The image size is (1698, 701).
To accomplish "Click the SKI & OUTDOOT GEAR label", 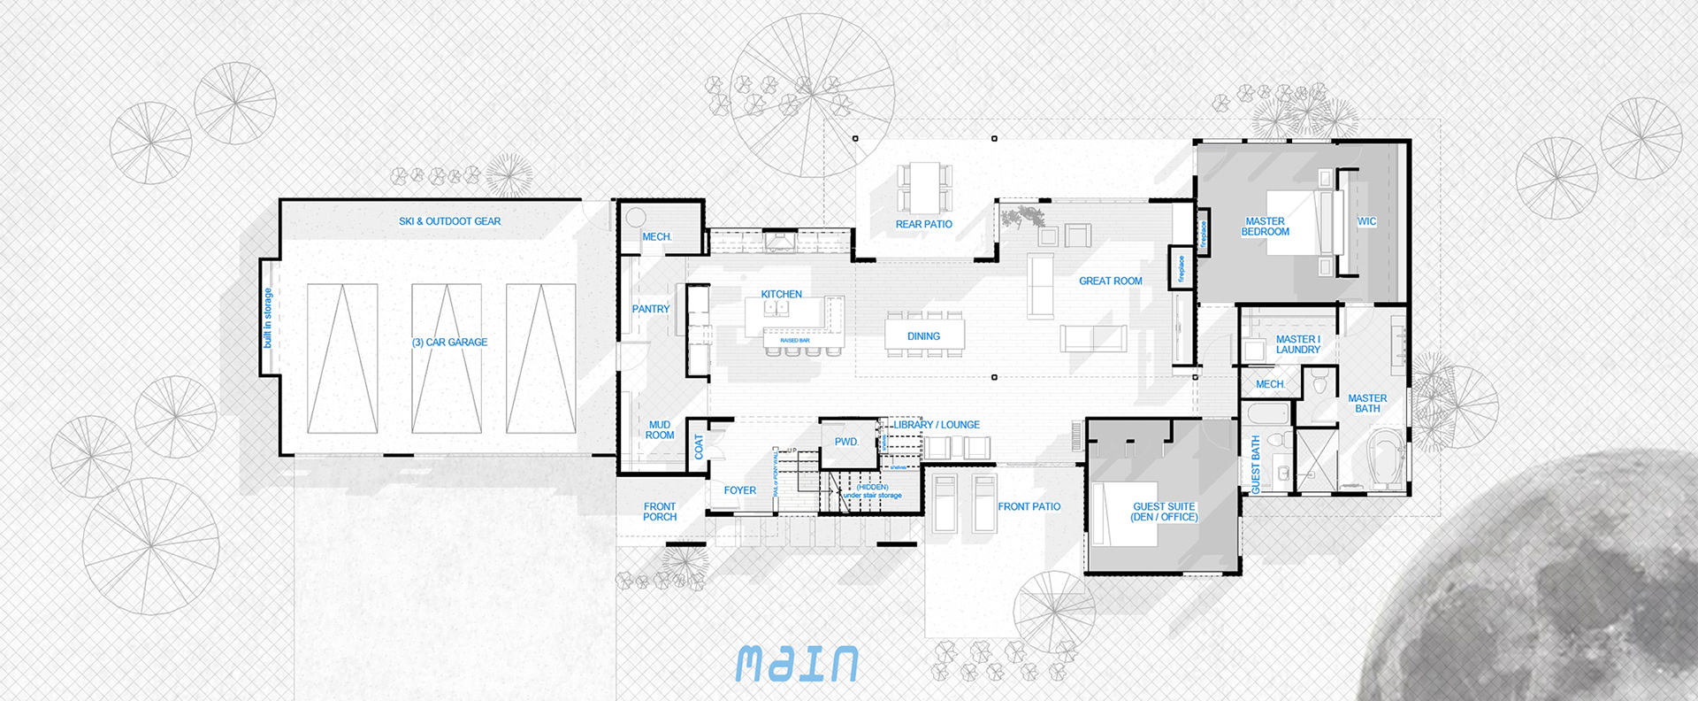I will (x=449, y=221).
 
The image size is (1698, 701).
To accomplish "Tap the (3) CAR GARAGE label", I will (x=449, y=343).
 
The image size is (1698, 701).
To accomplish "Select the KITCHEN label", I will (x=781, y=295).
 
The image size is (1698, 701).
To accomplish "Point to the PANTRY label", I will (x=650, y=309).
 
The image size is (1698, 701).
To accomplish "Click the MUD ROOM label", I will (x=660, y=430).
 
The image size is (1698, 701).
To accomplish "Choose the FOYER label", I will (x=739, y=490).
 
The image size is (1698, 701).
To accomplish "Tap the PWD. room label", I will (x=846, y=442).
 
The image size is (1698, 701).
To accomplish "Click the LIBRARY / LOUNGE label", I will (x=936, y=425).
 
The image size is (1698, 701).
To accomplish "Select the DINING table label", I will (x=923, y=336).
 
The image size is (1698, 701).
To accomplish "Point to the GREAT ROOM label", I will (x=1110, y=281).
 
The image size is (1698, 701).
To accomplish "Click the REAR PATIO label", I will (x=923, y=225).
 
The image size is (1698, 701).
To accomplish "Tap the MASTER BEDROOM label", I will (x=1265, y=227).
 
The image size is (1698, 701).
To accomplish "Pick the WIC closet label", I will (x=1366, y=222).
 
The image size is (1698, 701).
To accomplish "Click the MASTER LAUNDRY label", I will (x=1297, y=344).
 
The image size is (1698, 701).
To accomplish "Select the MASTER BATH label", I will (x=1367, y=404).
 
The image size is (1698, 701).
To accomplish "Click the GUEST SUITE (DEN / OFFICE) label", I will (x=1164, y=512).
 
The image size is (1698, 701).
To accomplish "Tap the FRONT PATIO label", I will (x=1029, y=507).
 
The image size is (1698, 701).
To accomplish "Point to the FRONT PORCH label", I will (x=660, y=512).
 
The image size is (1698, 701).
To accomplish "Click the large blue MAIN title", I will (x=797, y=664).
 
